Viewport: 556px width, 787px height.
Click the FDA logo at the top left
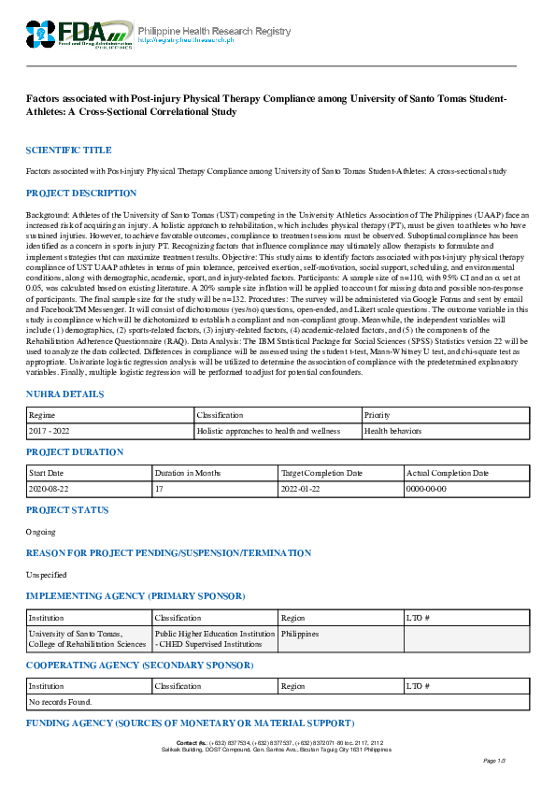pos(78,35)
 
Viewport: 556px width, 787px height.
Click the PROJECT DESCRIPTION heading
pos(81,193)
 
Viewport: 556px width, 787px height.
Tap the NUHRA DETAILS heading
pos(64,395)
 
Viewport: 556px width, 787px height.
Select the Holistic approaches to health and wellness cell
pos(264,431)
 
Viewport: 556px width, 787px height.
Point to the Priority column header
pos(378,414)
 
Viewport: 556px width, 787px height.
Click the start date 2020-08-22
pos(50,489)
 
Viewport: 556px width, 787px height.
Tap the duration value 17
pos(159,489)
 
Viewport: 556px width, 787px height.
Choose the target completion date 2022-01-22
pos(304,489)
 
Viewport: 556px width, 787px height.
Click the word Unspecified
pos(47,575)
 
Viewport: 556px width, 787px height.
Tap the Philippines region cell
pos(301,634)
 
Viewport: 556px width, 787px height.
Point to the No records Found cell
pos(61,701)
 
